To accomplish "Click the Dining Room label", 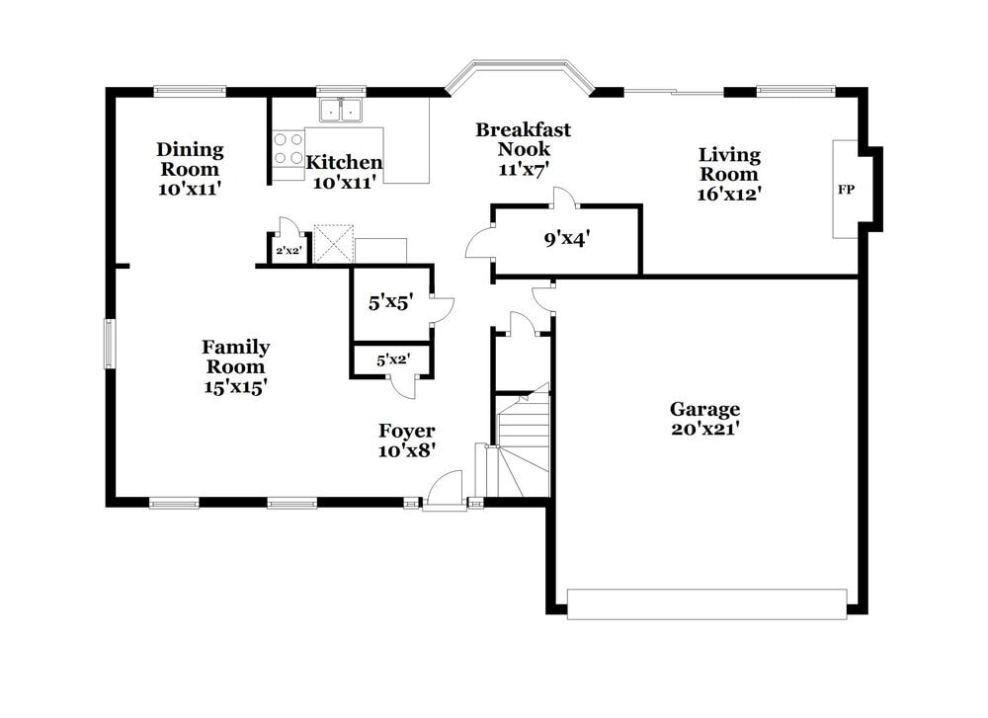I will pos(190,169).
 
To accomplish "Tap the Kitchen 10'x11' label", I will pos(343,172).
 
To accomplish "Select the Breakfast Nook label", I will pos(523,149).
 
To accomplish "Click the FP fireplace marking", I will pos(846,190).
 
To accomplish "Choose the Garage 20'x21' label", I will pos(704,419).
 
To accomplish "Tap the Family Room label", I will pos(235,366).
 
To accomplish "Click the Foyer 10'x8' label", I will pos(406,439).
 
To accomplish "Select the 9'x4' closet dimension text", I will pos(566,238).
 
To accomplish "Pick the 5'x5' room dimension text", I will pos(389,303).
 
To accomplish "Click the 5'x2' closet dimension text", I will pos(392,361).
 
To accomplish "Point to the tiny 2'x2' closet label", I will pos(288,252).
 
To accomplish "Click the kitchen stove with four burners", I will pos(288,149).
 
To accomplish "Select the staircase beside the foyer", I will pos(523,444).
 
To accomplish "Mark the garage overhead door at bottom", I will pos(706,603).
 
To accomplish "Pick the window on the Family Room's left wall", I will pos(110,344).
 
